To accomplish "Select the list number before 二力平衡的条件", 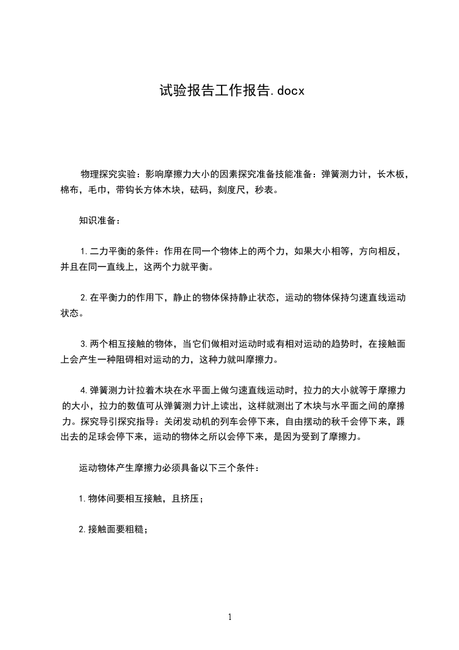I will pyautogui.click(x=84, y=252).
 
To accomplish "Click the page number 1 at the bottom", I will pyautogui.click(x=230, y=618).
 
